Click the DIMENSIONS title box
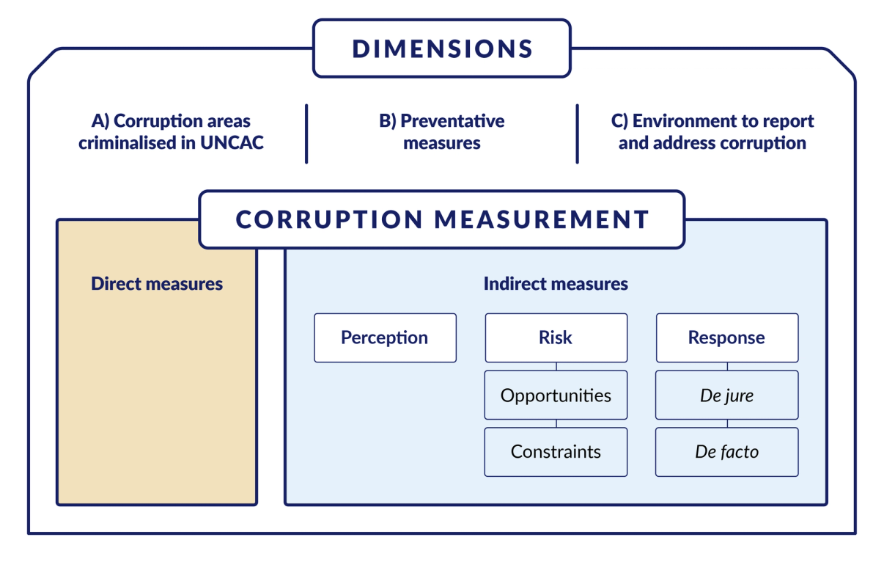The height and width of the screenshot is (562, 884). [442, 48]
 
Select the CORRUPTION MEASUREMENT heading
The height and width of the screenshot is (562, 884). [442, 219]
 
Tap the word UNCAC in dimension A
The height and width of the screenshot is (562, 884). [232, 143]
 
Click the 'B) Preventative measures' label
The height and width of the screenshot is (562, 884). [441, 132]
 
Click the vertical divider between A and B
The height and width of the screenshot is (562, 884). [306, 133]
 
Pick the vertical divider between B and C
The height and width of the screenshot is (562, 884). [578, 133]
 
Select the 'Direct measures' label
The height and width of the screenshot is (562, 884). [157, 283]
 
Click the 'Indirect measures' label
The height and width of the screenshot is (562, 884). [556, 283]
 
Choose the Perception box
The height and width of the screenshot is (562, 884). [385, 337]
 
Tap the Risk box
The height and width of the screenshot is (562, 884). [556, 337]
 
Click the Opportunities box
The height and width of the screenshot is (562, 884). [556, 395]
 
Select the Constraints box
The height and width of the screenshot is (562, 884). [556, 452]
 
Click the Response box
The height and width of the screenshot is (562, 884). [726, 337]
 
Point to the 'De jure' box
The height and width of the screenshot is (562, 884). [726, 395]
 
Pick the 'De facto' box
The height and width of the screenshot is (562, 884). [726, 452]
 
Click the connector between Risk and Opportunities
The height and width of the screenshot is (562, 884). [556, 367]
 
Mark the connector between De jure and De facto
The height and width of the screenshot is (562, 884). [726, 423]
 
